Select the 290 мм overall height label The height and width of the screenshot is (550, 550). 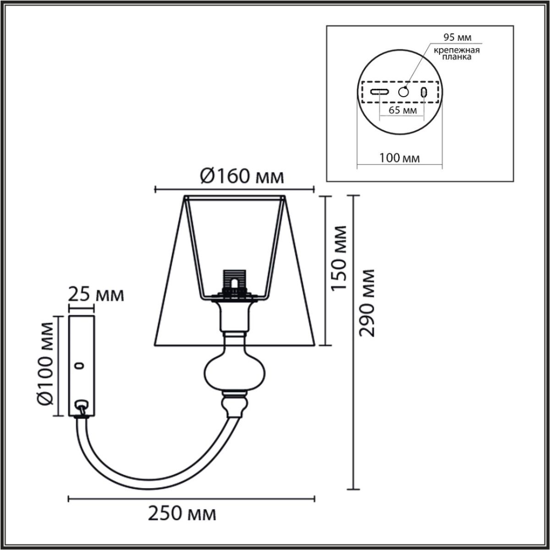pos(367,302)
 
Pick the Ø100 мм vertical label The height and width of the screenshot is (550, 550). pos(46,366)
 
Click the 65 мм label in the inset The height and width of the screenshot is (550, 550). pos(402,110)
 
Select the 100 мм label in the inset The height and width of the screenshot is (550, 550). pos(400,159)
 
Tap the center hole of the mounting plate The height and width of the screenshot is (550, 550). pos(403,92)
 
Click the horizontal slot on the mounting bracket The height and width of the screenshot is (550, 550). pos(380,92)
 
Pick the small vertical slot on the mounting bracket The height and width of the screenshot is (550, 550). pos(424,92)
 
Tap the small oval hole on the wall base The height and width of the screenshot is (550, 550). pos(81,366)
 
